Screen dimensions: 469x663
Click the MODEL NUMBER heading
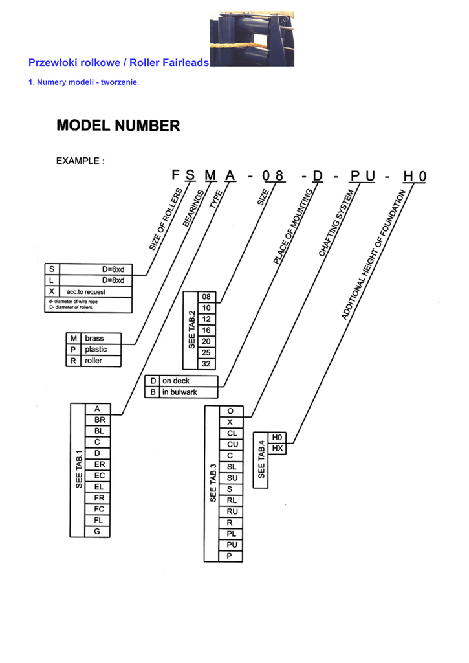tap(118, 126)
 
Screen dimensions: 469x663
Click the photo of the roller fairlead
tap(252, 39)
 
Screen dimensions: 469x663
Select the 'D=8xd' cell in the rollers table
tap(113, 280)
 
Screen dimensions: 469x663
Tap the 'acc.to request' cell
tap(86, 292)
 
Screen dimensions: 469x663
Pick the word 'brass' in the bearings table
tap(94, 338)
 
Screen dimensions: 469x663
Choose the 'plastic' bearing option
tap(96, 349)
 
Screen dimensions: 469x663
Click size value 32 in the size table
tap(206, 364)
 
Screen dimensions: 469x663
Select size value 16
tap(206, 330)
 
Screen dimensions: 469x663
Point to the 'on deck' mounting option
tap(176, 381)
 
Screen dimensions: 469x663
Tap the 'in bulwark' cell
tap(180, 392)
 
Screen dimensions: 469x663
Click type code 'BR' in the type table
tap(100, 420)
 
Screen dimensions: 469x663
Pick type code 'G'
tap(97, 531)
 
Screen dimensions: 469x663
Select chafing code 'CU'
tap(232, 444)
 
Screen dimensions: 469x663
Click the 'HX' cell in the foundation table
tap(277, 448)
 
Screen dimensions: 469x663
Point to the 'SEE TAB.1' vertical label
tap(78, 469)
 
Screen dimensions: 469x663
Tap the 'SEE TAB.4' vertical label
tap(261, 460)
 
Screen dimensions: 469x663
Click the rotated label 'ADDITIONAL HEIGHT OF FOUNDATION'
tap(373, 254)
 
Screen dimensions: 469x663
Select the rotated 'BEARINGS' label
tap(193, 208)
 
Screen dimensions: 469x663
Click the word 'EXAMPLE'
tap(78, 161)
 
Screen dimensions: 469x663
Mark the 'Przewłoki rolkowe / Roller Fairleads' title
tap(119, 63)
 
